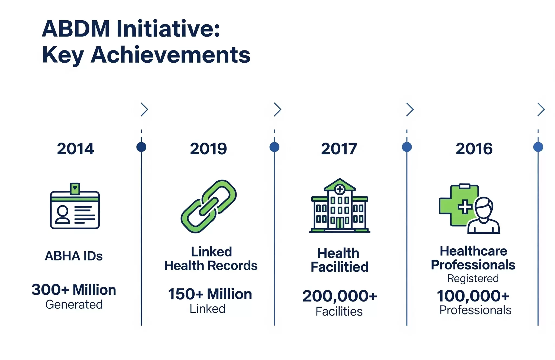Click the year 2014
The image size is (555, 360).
pyautogui.click(x=75, y=149)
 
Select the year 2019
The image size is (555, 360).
pyautogui.click(x=208, y=149)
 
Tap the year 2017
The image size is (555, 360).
pyautogui.click(x=339, y=149)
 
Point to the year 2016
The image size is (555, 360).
pyautogui.click(x=474, y=149)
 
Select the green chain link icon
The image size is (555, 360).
pyautogui.click(x=209, y=207)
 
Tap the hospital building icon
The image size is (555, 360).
pyautogui.click(x=340, y=206)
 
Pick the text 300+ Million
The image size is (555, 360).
pyautogui.click(x=74, y=290)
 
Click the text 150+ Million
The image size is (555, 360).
pyautogui.click(x=210, y=294)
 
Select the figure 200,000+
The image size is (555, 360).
pyautogui.click(x=340, y=296)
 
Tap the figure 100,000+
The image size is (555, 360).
pyautogui.click(x=473, y=296)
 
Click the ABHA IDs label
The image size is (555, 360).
pyautogui.click(x=74, y=256)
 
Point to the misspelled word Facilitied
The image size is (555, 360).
pyautogui.click(x=340, y=267)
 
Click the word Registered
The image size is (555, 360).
pyautogui.click(x=473, y=279)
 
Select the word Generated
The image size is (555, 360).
pyautogui.click(x=74, y=305)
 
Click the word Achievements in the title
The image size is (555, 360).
pyautogui.click(x=170, y=55)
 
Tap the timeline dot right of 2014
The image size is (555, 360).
pyautogui.click(x=141, y=147)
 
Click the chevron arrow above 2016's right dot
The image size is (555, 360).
pyautogui.click(x=541, y=110)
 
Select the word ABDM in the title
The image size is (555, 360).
pyautogui.click(x=76, y=29)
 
